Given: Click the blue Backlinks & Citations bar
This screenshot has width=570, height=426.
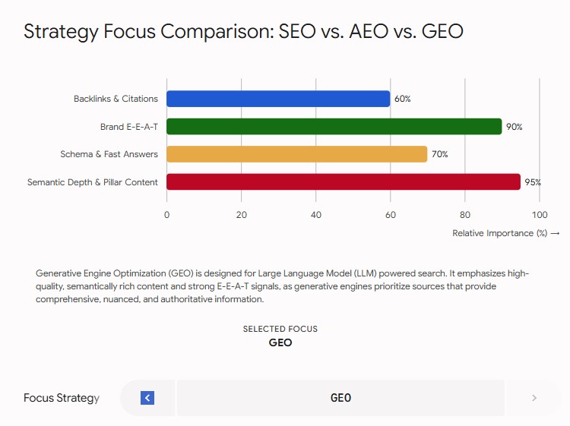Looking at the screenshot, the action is click(x=278, y=99).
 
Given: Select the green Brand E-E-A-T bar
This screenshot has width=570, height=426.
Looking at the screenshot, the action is click(x=334, y=126).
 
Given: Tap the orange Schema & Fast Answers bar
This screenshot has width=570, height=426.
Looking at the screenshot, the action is click(x=297, y=154).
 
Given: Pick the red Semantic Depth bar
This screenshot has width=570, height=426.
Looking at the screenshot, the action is click(x=344, y=181).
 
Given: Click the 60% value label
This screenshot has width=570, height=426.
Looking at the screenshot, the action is click(x=402, y=99).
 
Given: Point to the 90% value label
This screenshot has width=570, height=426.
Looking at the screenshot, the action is click(x=514, y=127).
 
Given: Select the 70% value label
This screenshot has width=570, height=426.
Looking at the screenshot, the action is click(x=439, y=154).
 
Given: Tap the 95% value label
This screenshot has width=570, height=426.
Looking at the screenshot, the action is click(x=533, y=182).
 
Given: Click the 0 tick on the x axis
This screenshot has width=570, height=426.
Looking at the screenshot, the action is click(x=167, y=215).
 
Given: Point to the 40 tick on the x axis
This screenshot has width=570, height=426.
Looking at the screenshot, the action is click(x=316, y=215).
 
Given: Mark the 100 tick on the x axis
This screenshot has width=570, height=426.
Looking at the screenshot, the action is click(x=540, y=215).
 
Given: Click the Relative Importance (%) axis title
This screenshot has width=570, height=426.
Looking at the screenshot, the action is click(x=499, y=233).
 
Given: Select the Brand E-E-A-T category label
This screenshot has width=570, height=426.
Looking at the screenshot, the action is click(x=129, y=127).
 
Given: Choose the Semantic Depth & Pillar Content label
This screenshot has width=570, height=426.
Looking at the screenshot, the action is click(x=93, y=182).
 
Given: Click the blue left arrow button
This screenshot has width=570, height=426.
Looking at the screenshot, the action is click(x=147, y=398).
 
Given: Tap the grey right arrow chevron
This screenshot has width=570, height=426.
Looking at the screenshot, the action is click(x=534, y=398).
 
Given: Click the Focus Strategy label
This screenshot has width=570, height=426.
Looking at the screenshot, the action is click(x=62, y=398).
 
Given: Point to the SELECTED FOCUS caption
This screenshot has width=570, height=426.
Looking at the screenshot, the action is click(x=280, y=329).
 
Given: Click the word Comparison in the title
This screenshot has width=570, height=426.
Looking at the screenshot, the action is click(x=217, y=31).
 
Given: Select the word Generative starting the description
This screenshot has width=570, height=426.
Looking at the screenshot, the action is click(x=59, y=273).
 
